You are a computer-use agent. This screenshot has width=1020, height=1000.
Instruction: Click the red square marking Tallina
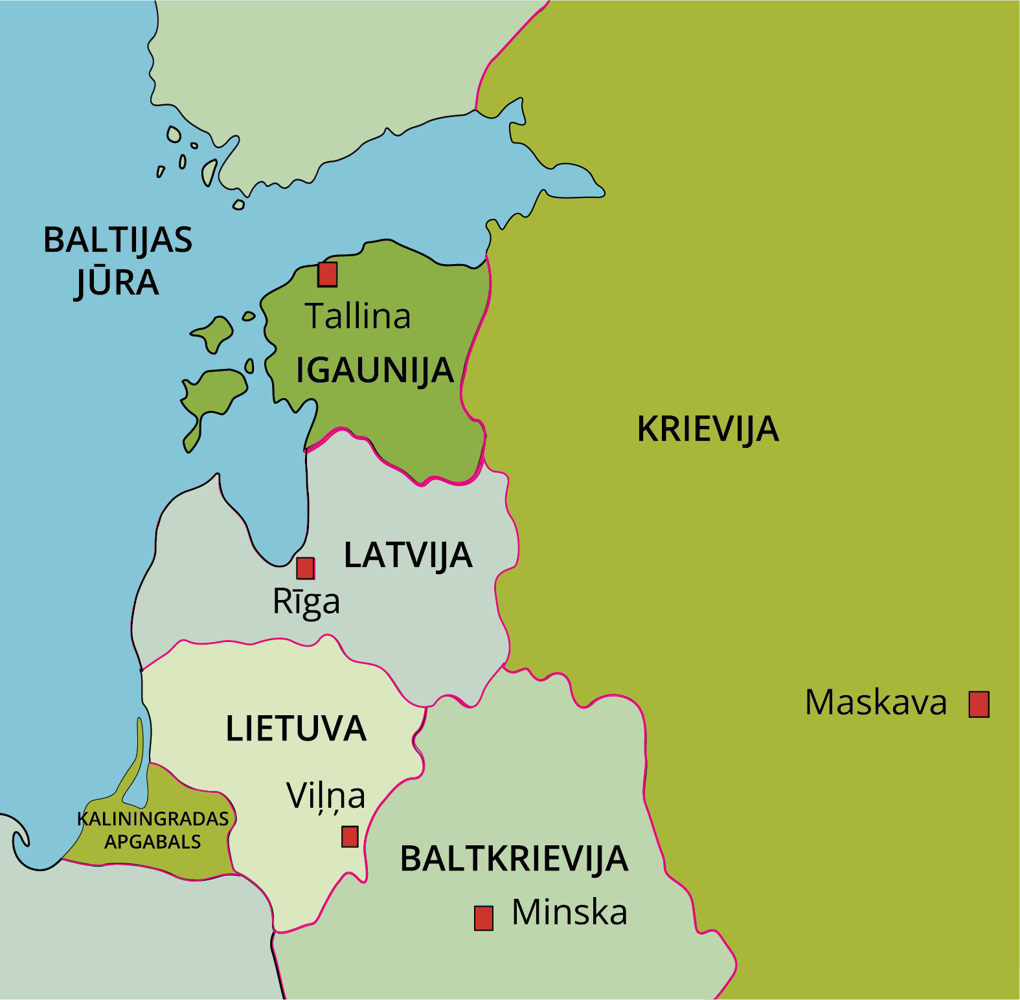point(327,274)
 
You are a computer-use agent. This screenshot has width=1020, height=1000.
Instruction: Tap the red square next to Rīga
point(305,568)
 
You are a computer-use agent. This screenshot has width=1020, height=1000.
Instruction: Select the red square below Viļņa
point(350,836)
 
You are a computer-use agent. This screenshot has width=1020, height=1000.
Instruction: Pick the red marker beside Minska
point(483,918)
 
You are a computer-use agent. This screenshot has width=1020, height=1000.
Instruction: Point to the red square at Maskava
point(979,704)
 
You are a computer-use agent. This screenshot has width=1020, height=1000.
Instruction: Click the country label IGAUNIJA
point(374,370)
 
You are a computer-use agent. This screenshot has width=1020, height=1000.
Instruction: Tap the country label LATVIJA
point(408,555)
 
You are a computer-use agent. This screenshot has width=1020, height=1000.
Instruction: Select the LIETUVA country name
point(296,729)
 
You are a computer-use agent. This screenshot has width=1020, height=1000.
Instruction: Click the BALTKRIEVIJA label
point(514,859)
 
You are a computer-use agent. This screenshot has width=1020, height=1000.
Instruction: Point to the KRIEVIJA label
point(707,429)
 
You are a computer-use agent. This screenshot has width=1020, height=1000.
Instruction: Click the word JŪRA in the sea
point(117,283)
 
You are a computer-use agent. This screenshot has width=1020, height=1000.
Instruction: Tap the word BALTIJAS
point(118,240)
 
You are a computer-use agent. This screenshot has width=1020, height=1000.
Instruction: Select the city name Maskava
point(875,703)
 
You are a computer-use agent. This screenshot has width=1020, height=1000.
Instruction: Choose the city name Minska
point(569,913)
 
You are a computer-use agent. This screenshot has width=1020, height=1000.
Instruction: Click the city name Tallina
point(357,317)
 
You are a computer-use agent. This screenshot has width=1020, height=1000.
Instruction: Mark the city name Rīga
point(306,602)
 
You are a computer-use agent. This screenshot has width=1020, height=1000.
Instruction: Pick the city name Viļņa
point(326,796)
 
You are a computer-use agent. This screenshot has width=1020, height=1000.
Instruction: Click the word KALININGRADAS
point(153,819)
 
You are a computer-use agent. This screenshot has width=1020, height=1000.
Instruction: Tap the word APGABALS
point(153,842)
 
